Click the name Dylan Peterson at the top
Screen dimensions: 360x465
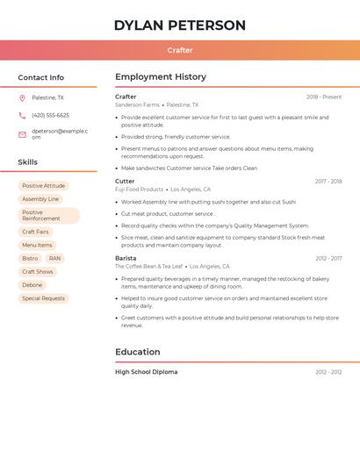pyautogui.click(x=180, y=25)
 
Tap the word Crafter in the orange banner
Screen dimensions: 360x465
pyautogui.click(x=180, y=50)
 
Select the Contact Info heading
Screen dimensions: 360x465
pyautogui.click(x=41, y=77)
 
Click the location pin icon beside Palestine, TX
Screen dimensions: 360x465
pyautogui.click(x=22, y=97)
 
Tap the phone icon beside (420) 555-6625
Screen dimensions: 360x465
pyautogui.click(x=22, y=115)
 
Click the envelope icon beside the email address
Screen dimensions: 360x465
pyautogui.click(x=22, y=133)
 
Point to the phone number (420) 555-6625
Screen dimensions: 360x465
pyautogui.click(x=50, y=115)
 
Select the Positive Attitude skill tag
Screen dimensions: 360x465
pyautogui.click(x=43, y=186)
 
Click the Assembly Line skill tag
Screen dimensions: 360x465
pyautogui.click(x=40, y=199)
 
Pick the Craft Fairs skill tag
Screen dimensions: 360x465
pyautogui.click(x=36, y=232)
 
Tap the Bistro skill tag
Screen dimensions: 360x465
pyautogui.click(x=30, y=258)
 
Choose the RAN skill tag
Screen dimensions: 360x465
pyautogui.click(x=54, y=258)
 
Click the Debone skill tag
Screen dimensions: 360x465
pyautogui.click(x=32, y=285)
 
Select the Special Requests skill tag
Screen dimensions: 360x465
pyautogui.click(x=43, y=298)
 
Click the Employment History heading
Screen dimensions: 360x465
pyautogui.click(x=161, y=77)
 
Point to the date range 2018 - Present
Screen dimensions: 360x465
pyautogui.click(x=324, y=97)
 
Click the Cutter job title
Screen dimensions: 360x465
pyautogui.click(x=125, y=181)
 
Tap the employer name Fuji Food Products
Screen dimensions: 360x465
pyautogui.click(x=139, y=190)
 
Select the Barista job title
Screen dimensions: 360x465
pyautogui.click(x=126, y=258)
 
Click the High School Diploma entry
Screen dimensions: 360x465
pyautogui.click(x=146, y=372)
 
